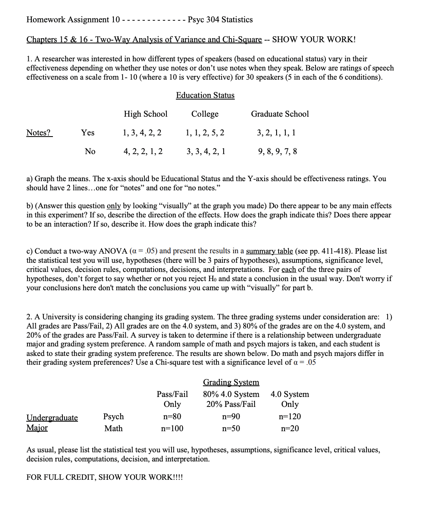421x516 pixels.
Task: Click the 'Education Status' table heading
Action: (x=205, y=95)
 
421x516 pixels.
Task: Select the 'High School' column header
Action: (x=145, y=114)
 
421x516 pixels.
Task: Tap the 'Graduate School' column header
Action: (x=280, y=114)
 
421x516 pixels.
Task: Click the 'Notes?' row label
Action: (x=39, y=133)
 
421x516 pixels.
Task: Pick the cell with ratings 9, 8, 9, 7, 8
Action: (x=277, y=151)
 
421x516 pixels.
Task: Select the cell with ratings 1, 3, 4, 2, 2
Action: (x=142, y=133)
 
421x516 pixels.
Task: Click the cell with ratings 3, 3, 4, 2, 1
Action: (x=206, y=151)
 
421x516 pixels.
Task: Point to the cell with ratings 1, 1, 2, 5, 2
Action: (x=205, y=133)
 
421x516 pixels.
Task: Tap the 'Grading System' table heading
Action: (x=231, y=382)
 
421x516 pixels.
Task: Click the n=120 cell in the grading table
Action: (x=290, y=416)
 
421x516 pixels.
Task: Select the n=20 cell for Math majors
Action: (x=290, y=428)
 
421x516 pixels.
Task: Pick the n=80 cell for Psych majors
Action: (x=172, y=416)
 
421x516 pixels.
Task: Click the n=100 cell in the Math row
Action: (x=172, y=428)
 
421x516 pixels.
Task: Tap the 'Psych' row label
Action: (x=113, y=416)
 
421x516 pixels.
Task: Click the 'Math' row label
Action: (x=113, y=428)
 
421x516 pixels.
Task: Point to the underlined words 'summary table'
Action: (x=269, y=251)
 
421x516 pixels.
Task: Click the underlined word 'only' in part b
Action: (x=114, y=206)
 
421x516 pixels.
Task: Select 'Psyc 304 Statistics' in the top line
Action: (x=220, y=20)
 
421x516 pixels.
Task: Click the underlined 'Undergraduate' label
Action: (x=52, y=418)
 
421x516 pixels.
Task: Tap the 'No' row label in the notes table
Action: (x=90, y=151)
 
